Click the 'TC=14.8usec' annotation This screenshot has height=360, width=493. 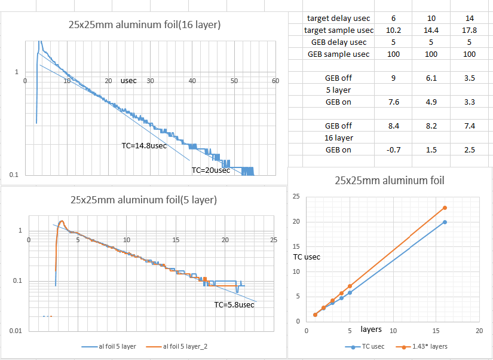[144, 145]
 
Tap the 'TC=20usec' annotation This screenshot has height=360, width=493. [210, 170]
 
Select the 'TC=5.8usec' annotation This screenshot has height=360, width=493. [234, 305]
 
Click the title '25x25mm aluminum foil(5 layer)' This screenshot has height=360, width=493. [143, 200]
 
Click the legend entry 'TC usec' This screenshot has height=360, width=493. [367, 346]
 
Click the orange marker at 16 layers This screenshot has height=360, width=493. [445, 208]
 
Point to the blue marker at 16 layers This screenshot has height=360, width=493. [445, 222]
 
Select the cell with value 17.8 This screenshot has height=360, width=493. [469, 30]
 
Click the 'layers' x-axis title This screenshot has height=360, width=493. [371, 330]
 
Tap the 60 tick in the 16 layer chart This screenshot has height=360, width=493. [275, 81]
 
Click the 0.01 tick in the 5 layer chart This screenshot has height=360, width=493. [15, 331]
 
